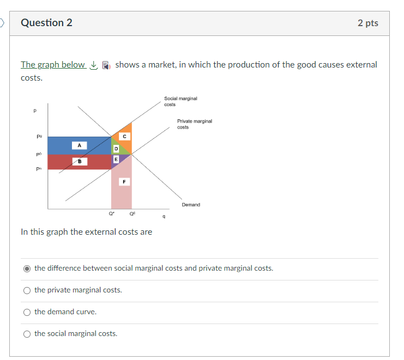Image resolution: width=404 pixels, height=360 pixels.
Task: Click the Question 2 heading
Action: point(46,23)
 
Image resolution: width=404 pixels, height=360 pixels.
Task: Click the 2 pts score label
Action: point(367,23)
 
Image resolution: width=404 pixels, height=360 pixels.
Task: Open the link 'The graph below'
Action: point(53,65)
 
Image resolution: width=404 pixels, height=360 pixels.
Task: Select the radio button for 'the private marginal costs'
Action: point(27,290)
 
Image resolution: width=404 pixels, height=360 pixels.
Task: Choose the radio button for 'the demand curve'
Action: point(27,312)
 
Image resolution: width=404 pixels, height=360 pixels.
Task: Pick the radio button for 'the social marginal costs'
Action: point(27,334)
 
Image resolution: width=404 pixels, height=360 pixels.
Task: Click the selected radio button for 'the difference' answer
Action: point(27,269)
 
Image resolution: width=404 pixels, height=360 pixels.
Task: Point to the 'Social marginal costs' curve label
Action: point(180,101)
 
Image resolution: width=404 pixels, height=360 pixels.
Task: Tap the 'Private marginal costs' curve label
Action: point(194,124)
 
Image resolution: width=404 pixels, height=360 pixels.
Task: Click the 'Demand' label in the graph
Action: point(191,205)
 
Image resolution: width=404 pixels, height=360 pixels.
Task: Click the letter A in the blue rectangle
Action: point(79,145)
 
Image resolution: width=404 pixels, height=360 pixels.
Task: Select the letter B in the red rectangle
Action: point(79,162)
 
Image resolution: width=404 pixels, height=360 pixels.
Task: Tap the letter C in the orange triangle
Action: point(124,136)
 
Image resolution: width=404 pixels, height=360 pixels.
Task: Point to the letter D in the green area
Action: point(115,148)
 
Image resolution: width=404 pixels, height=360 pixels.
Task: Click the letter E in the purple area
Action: point(115,158)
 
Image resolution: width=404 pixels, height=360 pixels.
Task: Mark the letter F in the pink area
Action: point(124,182)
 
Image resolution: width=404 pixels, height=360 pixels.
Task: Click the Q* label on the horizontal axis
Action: point(112,213)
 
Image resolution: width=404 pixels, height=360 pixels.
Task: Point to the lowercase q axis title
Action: point(164,217)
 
